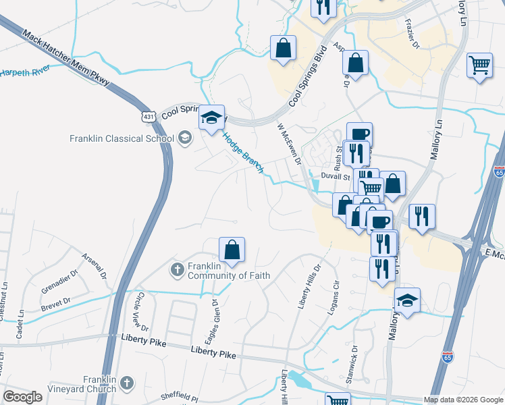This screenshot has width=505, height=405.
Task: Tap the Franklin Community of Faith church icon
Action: pos(177,269)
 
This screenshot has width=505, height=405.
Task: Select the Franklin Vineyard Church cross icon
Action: pos(126,384)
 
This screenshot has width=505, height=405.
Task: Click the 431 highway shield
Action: pos(149,117)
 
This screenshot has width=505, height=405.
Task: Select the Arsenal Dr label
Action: pos(94,266)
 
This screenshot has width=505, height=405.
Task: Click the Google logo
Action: pos(22,397)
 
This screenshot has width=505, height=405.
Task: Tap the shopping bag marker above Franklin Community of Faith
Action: pos(232,250)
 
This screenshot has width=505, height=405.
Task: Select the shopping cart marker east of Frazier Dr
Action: pos(479,65)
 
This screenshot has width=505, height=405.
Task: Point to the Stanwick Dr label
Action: pos(352,365)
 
